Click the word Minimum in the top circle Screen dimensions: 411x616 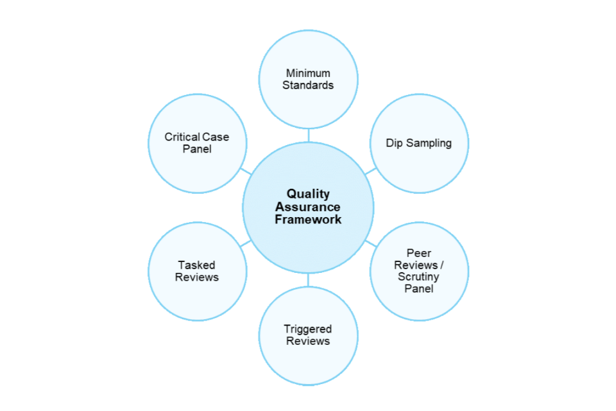click(x=308, y=73)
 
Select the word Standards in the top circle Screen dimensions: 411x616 click(x=308, y=85)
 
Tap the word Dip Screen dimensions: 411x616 click(x=395, y=143)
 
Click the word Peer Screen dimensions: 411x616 click(x=419, y=254)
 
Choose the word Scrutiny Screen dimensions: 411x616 click(x=419, y=277)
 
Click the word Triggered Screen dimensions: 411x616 click(x=308, y=329)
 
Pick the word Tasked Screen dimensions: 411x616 click(x=197, y=265)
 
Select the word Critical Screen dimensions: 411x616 click(x=182, y=137)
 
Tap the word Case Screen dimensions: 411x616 click(x=216, y=137)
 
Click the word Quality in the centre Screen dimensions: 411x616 click(x=308, y=194)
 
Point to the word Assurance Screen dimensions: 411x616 click(x=308, y=207)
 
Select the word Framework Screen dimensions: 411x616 click(x=308, y=220)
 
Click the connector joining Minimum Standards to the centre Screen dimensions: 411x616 click(x=308, y=136)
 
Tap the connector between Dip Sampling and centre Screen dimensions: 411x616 click(x=370, y=171)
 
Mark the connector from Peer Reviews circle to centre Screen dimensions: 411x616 click(x=370, y=243)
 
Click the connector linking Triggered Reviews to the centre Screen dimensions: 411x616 click(x=308, y=280)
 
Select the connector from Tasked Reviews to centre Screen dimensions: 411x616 click(x=245, y=243)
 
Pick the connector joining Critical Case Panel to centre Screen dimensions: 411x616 click(x=245, y=171)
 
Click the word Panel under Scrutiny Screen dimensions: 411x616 click(x=419, y=288)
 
